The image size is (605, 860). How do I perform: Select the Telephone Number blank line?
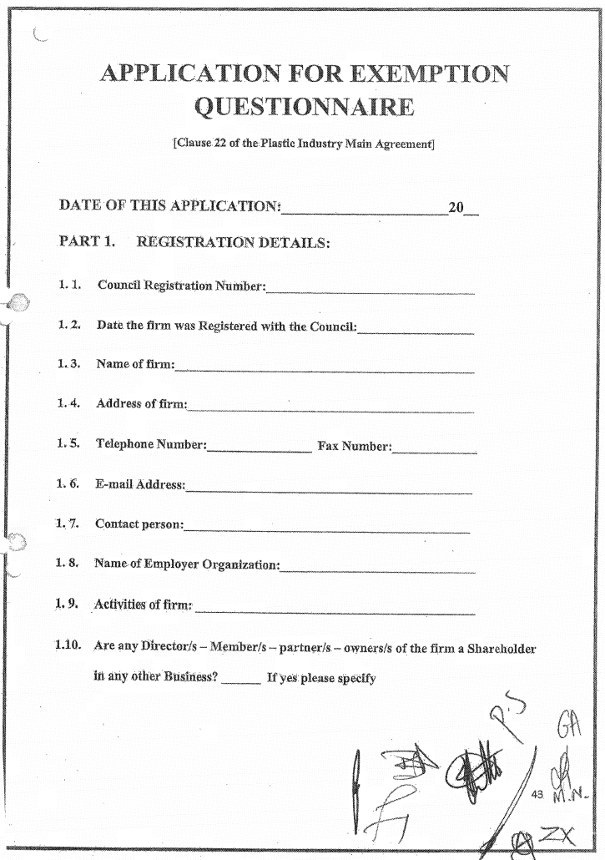(259, 451)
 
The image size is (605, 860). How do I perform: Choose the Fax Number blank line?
(434, 452)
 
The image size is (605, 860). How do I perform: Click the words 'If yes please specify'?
(321, 678)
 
